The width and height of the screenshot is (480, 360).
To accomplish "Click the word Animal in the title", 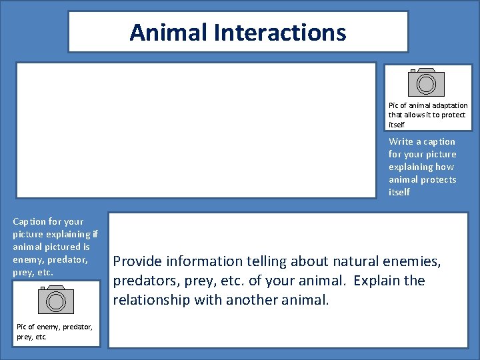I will coord(162,32).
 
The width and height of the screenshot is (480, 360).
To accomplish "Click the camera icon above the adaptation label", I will coord(426,82).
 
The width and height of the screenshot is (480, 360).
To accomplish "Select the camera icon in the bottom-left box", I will coord(56,299).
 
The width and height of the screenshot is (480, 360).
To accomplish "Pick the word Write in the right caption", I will coord(401,141).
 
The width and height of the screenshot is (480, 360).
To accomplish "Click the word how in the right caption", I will coord(445,167).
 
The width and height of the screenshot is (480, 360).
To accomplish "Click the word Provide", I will coord(139,261).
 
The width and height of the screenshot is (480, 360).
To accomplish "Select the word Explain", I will coord(378,281).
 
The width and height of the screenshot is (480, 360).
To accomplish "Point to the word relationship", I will coord(151,300).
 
